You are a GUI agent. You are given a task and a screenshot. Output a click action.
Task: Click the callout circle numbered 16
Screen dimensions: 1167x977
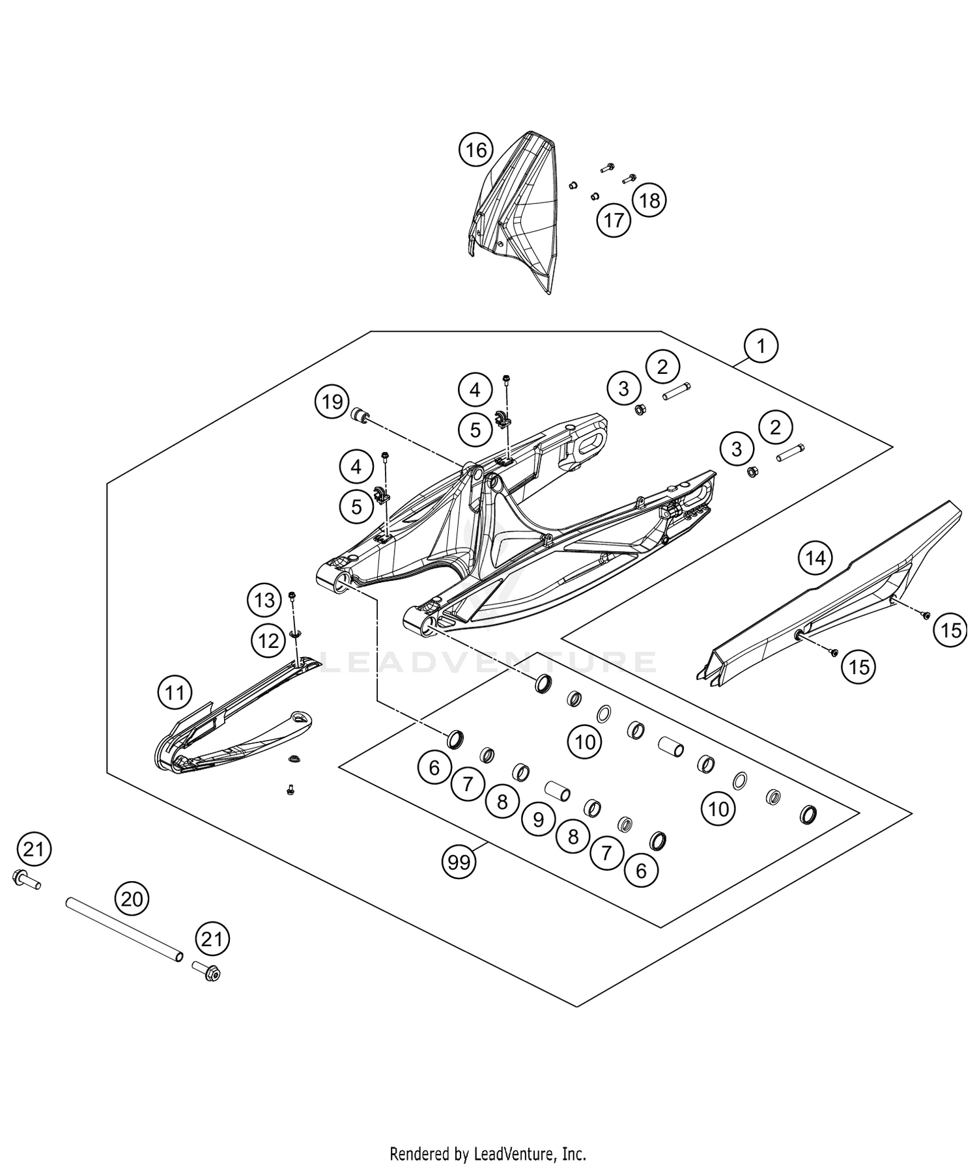click(476, 150)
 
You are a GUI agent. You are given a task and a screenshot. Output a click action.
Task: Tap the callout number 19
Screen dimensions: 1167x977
click(332, 402)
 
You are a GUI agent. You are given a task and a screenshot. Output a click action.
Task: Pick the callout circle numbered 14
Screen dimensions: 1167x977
click(815, 557)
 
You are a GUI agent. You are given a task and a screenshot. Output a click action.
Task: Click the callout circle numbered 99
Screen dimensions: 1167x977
click(459, 862)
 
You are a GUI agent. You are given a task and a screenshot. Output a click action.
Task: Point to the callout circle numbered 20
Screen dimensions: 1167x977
click(132, 899)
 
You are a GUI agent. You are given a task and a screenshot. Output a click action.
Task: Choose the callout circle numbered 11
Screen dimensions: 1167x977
click(175, 692)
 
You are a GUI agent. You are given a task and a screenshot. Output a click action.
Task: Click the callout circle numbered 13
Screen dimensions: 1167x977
click(264, 599)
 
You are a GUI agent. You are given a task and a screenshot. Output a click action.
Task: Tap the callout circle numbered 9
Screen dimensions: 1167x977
click(537, 819)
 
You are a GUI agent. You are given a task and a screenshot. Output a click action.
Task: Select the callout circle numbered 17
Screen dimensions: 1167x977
click(614, 220)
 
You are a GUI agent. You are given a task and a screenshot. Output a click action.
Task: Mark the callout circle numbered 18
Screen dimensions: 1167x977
click(649, 200)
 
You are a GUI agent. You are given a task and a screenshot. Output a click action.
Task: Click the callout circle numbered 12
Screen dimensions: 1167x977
click(268, 641)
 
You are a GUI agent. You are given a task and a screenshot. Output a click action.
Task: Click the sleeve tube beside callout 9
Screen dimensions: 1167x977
click(558, 791)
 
